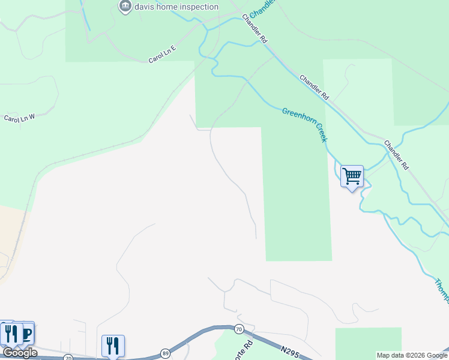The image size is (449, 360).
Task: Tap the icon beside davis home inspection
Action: click(x=125, y=7)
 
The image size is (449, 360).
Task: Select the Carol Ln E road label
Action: click(x=162, y=54)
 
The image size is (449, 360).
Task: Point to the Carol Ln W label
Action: click(x=20, y=117)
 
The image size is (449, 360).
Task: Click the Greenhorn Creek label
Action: click(x=305, y=124)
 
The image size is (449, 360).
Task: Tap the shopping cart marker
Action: click(x=352, y=176)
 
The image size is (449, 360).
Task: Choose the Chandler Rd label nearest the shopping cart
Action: click(x=396, y=155)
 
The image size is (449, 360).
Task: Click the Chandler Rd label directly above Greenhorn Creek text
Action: click(x=315, y=88)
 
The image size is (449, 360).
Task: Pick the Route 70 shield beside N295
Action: click(x=239, y=329)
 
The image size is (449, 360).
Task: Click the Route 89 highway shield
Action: click(x=164, y=354)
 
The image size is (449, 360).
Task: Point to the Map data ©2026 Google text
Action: click(x=412, y=355)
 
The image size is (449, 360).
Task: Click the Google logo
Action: click(x=20, y=353)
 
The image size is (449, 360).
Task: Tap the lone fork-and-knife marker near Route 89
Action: click(x=113, y=346)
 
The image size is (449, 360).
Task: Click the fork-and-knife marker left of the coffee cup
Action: click(x=8, y=334)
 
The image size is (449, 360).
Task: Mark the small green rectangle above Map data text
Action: click(x=367, y=339)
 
